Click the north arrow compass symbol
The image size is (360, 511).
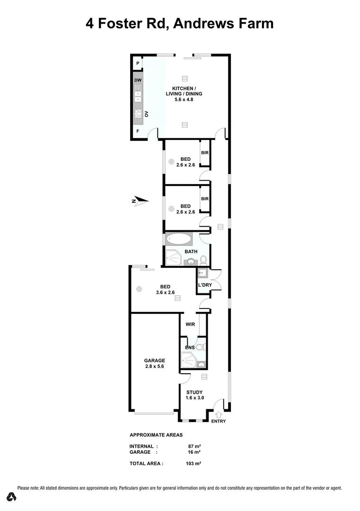click(x=140, y=201)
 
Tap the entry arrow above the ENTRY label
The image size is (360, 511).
click(x=219, y=415)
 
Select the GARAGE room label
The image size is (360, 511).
click(x=155, y=360)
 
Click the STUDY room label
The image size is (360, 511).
click(x=194, y=392)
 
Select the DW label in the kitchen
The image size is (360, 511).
click(x=138, y=80)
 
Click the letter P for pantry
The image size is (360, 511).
click(x=138, y=63)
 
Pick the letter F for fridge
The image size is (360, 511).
click(x=138, y=131)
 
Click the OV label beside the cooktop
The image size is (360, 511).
click(x=147, y=114)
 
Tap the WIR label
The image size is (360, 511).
click(x=191, y=325)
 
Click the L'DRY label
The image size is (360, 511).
click(x=205, y=284)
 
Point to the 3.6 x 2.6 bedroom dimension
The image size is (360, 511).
click(x=165, y=292)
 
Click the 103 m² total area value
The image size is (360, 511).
click(x=194, y=464)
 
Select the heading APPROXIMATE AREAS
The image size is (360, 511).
click(x=156, y=434)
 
